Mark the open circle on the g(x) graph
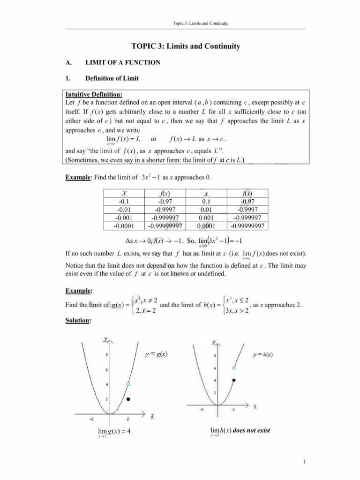tap(127, 384)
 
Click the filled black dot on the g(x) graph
tap(127, 399)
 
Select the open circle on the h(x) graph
tap(233, 368)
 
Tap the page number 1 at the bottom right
tap(304, 465)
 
